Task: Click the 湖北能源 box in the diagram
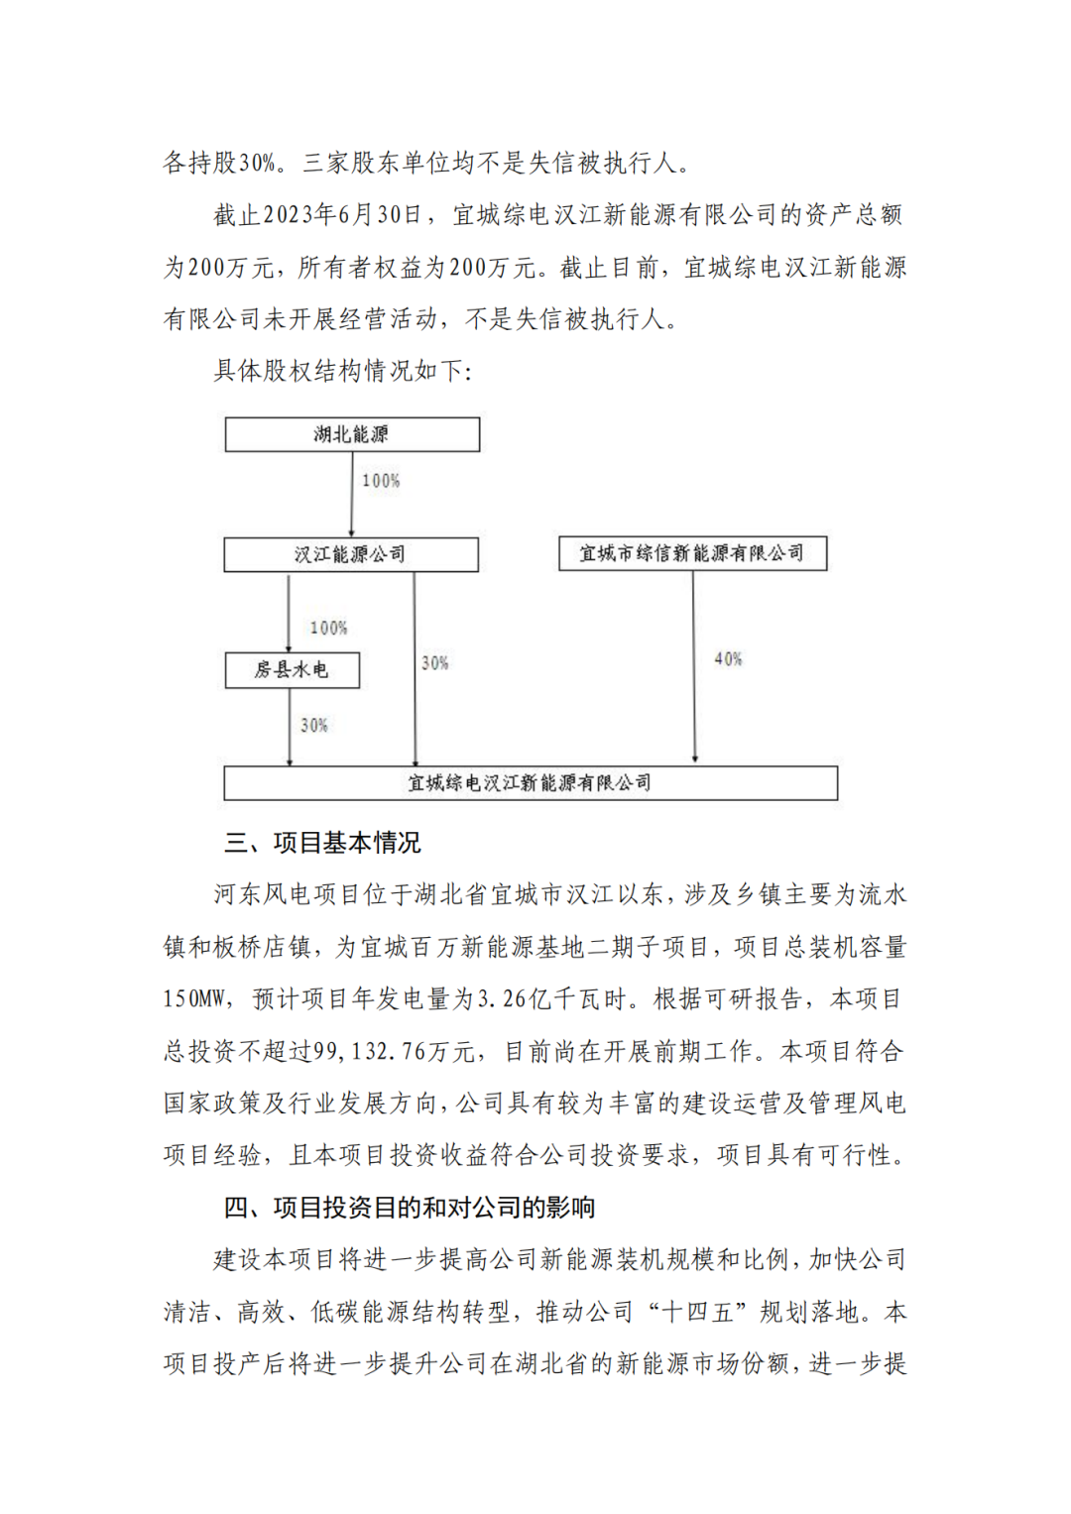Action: point(352,434)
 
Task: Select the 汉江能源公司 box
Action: point(350,554)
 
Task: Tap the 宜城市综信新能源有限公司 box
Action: point(692,553)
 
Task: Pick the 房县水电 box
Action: point(292,670)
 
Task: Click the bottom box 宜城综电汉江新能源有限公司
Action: point(531,783)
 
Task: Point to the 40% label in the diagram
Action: point(728,659)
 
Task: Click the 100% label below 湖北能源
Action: point(381,481)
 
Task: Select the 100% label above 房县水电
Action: point(328,628)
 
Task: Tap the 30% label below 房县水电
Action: point(314,726)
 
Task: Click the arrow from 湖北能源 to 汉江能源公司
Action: point(352,496)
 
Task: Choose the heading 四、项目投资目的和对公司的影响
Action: point(409,1208)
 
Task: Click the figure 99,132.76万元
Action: point(394,1051)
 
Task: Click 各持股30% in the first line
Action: point(219,163)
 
